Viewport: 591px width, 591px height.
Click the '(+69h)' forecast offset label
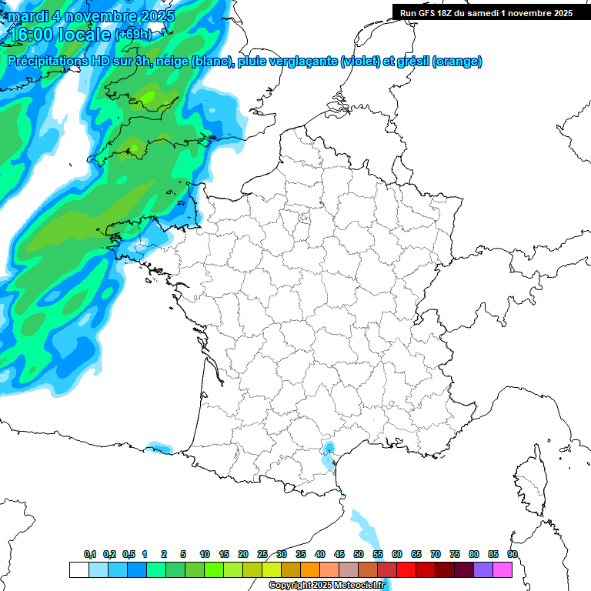132,35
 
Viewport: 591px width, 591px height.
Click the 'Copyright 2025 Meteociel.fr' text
326,586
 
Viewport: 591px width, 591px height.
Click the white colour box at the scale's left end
78,570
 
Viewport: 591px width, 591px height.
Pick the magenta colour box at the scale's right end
503,570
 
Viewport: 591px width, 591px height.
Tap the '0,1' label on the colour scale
90,555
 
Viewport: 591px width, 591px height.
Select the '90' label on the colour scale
513,555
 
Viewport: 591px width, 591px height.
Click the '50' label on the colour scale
359,555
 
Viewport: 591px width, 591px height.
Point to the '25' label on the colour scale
262,555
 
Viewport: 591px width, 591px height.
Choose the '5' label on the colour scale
183,555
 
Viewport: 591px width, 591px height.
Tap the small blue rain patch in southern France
329,454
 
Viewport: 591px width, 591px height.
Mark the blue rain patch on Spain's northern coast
160,447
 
